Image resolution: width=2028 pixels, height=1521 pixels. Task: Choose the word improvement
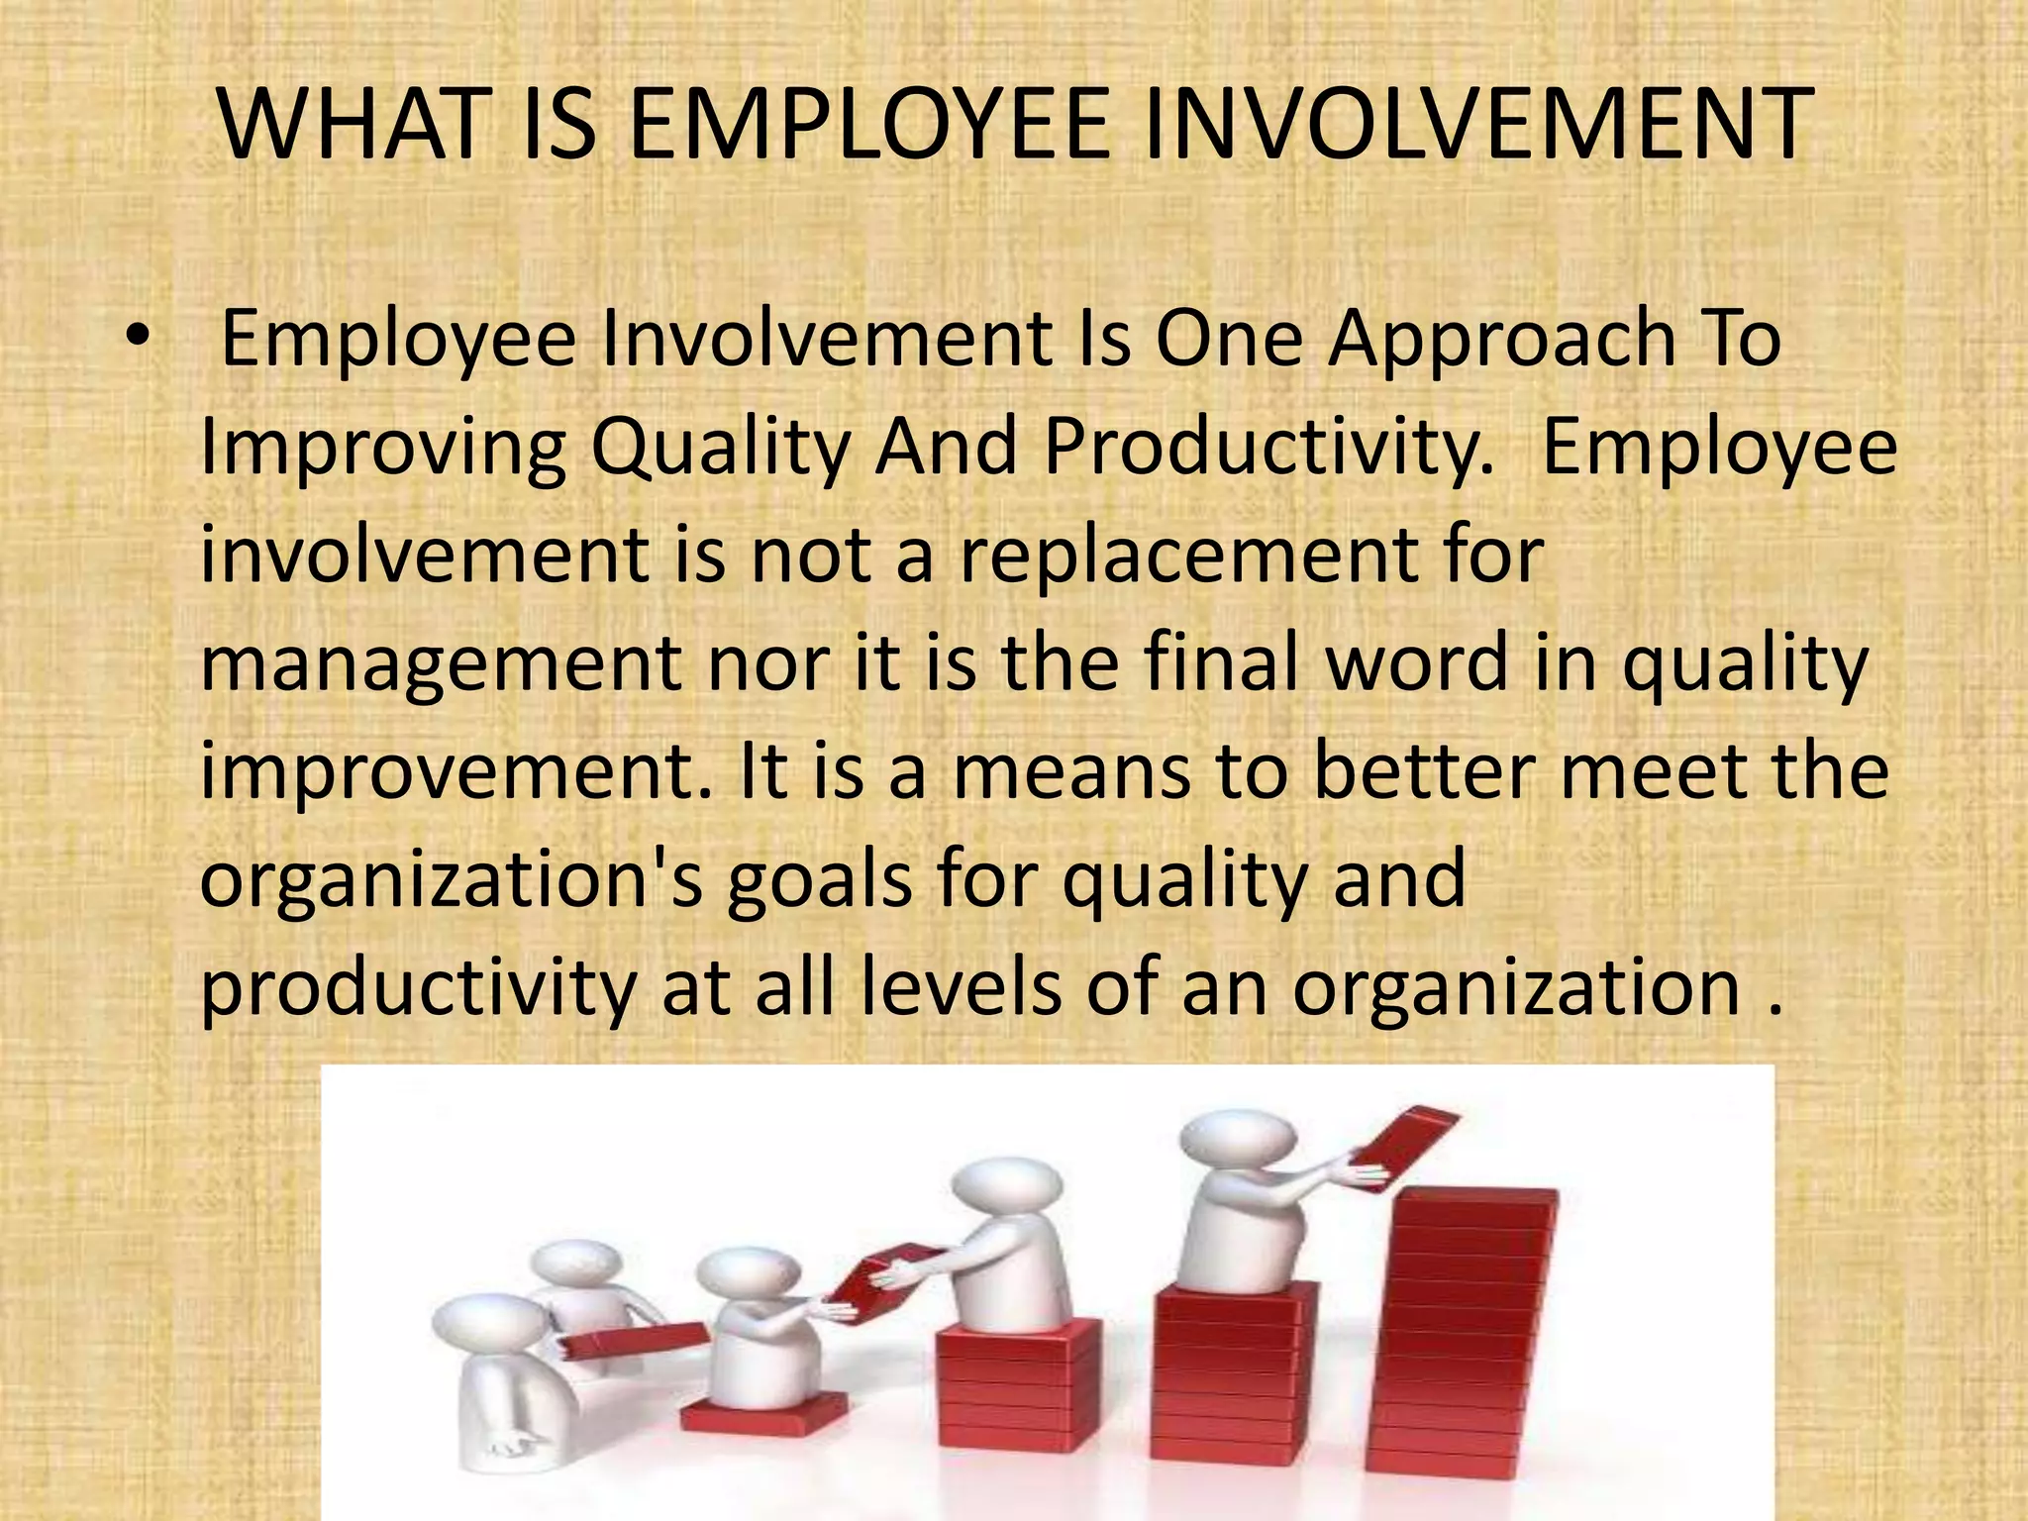tap(456, 772)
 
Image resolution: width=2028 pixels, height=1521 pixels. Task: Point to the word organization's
tap(451, 881)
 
